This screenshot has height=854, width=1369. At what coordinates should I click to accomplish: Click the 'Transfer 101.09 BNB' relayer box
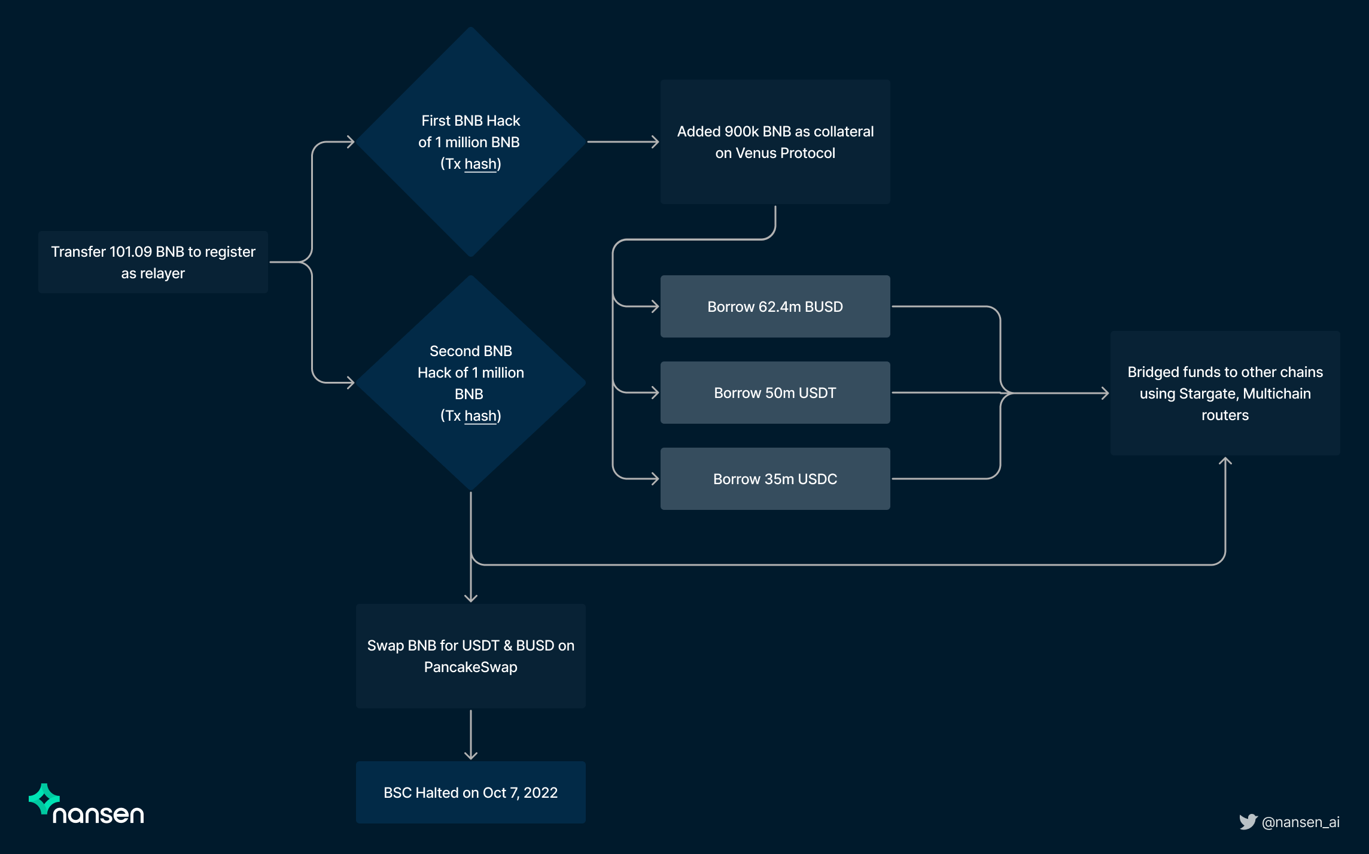[x=153, y=262]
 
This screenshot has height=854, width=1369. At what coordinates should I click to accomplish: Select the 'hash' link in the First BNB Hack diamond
[x=480, y=164]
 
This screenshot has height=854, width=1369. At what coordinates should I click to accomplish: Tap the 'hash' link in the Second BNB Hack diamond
[x=480, y=416]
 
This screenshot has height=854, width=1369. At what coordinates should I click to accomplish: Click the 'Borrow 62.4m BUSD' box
[x=775, y=306]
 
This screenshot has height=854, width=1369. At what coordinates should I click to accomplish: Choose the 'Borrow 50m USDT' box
[x=775, y=393]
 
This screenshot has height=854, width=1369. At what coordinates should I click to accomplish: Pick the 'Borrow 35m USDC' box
[x=775, y=479]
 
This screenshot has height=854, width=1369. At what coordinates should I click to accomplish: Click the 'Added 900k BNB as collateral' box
[x=775, y=142]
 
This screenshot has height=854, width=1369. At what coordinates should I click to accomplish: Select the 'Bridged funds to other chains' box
[x=1225, y=393]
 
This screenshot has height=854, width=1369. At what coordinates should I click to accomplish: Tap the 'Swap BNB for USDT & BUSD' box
[x=470, y=656]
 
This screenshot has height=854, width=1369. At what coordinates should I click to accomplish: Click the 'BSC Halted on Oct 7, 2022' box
[x=470, y=792]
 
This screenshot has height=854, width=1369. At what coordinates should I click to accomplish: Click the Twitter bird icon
[x=1248, y=822]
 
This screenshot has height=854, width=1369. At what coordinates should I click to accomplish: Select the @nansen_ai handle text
[x=1300, y=822]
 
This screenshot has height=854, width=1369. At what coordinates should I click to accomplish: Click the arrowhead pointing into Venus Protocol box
[x=655, y=142]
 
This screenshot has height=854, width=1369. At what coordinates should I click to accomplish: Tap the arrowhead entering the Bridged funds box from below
[x=1225, y=461]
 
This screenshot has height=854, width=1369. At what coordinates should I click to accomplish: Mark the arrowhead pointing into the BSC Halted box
[x=471, y=755]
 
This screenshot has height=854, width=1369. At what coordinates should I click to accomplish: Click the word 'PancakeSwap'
[x=470, y=667]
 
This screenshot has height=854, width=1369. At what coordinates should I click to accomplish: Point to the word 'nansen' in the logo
[x=98, y=815]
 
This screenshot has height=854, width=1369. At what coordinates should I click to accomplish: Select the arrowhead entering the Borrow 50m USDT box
[x=655, y=393]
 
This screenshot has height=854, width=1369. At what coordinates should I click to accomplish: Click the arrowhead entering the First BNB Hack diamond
[x=351, y=142]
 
